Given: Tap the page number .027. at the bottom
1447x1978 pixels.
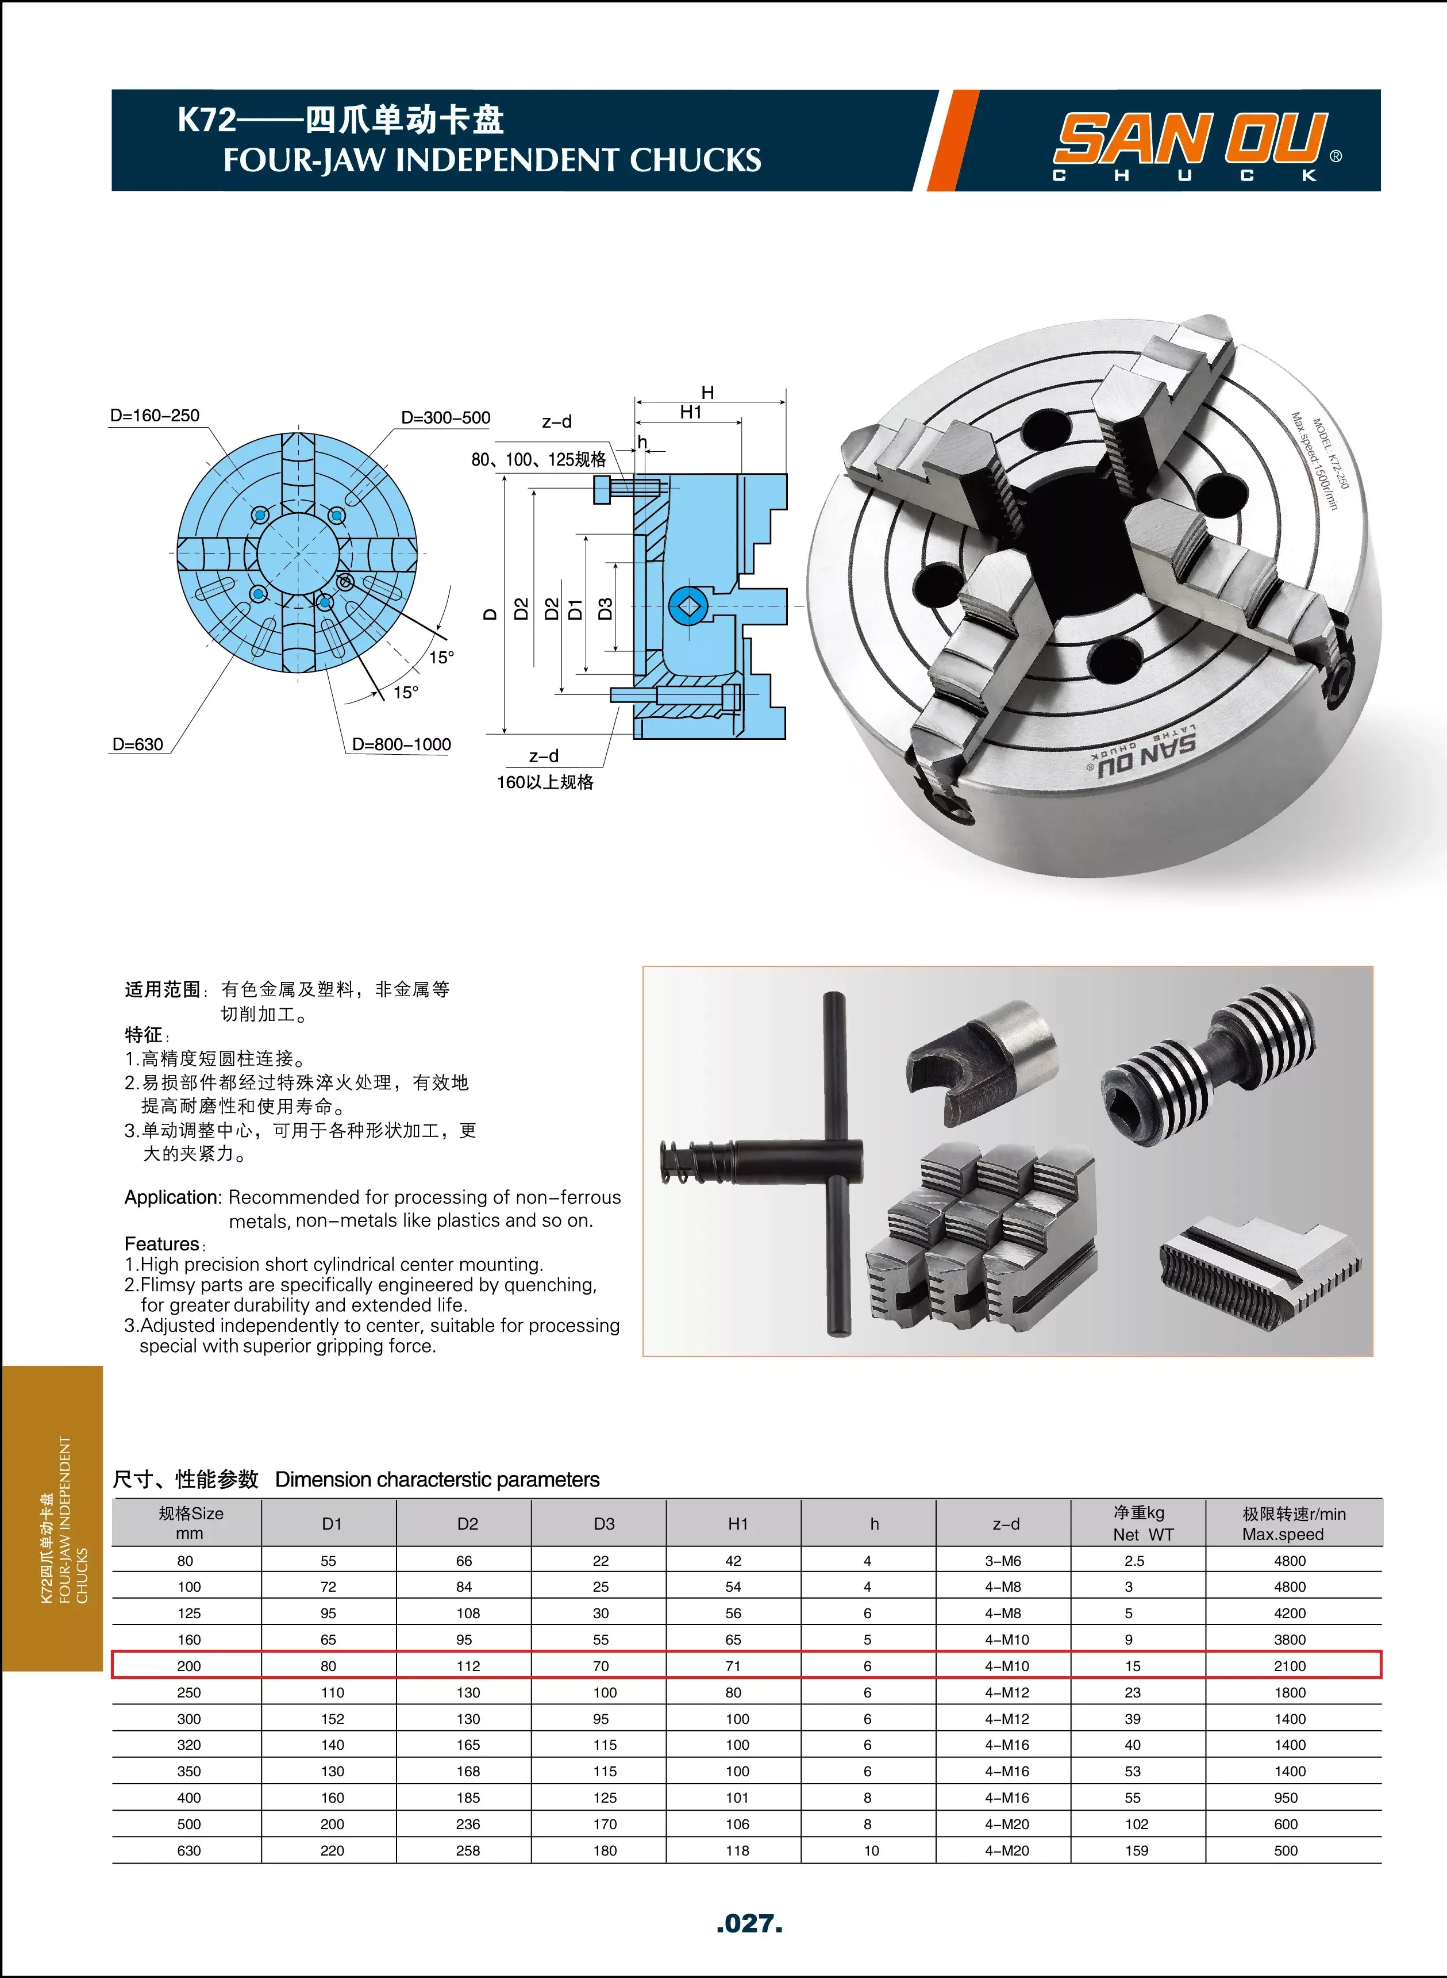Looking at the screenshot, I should pyautogui.click(x=749, y=1923).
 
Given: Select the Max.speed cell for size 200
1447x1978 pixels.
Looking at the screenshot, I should pyautogui.click(x=1290, y=1665).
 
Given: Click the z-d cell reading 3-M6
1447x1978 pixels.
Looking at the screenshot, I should pyautogui.click(x=1003, y=1560).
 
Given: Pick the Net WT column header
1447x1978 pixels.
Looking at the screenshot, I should pyautogui.click(x=1138, y=1523).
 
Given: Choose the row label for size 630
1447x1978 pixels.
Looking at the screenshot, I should pyautogui.click(x=188, y=1850).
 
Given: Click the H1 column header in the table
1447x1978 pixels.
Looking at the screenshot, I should pyautogui.click(x=737, y=1523).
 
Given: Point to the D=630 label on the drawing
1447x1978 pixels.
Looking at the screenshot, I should pyautogui.click(x=137, y=744).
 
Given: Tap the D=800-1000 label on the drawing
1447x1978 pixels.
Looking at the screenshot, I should pyautogui.click(x=401, y=744).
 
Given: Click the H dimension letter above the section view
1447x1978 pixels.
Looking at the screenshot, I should pyautogui.click(x=708, y=393).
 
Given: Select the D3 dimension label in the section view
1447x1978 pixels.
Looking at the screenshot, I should pyautogui.click(x=605, y=609).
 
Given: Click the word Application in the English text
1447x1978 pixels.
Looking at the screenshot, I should pyautogui.click(x=172, y=1197).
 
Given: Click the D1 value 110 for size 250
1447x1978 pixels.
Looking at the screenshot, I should pyautogui.click(x=332, y=1692).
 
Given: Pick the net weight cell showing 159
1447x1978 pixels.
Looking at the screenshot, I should pyautogui.click(x=1136, y=1850).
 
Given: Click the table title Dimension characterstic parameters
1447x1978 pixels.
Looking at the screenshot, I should pyautogui.click(x=437, y=1480).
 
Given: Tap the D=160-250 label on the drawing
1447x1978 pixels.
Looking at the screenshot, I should pyautogui.click(x=155, y=415).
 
